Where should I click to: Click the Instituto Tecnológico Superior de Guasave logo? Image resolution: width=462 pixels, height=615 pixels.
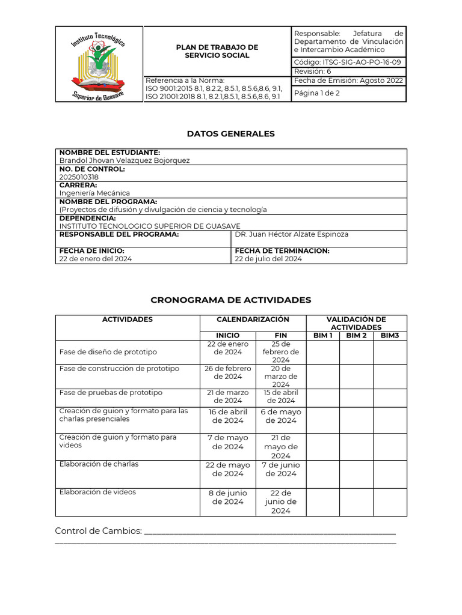[99, 64]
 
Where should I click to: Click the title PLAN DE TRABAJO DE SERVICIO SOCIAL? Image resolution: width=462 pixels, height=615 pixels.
[217, 51]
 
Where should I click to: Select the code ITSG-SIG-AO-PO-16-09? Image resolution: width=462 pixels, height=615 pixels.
[348, 62]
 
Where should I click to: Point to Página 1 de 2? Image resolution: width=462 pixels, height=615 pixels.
[316, 93]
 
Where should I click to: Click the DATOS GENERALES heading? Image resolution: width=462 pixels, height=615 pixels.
[230, 134]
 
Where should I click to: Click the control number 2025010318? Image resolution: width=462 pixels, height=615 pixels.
[79, 177]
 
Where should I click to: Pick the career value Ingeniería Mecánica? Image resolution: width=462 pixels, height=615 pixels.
[94, 193]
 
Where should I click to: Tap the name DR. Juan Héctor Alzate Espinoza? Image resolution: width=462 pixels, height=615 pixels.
[292, 234]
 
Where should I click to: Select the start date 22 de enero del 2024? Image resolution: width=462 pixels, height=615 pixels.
[96, 259]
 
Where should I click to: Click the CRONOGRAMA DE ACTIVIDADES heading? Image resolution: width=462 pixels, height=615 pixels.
[230, 300]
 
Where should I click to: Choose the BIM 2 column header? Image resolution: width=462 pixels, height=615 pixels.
[356, 335]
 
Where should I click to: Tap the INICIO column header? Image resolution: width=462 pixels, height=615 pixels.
[227, 335]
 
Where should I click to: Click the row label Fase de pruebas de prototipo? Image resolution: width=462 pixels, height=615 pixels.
[111, 393]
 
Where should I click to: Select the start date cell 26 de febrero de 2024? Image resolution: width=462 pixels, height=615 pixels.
[227, 372]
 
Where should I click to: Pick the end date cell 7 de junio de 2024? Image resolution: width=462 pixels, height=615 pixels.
[280, 469]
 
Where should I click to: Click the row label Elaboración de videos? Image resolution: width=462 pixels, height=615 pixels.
[97, 492]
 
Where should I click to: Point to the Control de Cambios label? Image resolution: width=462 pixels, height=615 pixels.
[98, 531]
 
